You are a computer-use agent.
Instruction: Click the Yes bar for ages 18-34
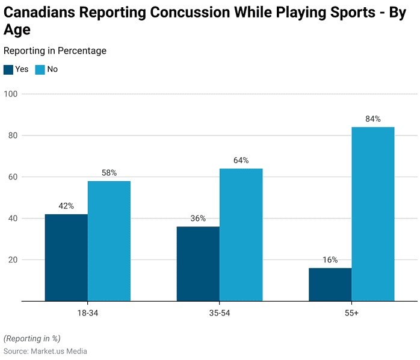(66, 258)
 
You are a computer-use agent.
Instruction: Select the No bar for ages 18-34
(109, 241)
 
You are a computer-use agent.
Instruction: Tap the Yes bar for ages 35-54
(198, 264)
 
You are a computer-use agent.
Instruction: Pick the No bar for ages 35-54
(241, 235)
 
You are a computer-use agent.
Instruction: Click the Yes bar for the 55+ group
(330, 284)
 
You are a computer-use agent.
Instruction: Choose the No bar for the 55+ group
(372, 214)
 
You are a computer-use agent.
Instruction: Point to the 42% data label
(66, 206)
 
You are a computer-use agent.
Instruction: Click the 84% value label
(372, 119)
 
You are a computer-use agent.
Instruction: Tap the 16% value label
(330, 259)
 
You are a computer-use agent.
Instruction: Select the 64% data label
(241, 160)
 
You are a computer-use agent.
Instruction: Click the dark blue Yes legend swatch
(8, 69)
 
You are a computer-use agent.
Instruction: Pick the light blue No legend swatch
(40, 69)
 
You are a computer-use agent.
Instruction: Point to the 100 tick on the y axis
(11, 94)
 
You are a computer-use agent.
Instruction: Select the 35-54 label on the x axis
(220, 314)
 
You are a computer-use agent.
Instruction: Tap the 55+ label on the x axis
(351, 314)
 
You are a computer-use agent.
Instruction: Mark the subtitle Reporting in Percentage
(55, 51)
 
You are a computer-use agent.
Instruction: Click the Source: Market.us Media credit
(45, 351)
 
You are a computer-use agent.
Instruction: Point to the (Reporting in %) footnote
(32, 338)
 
